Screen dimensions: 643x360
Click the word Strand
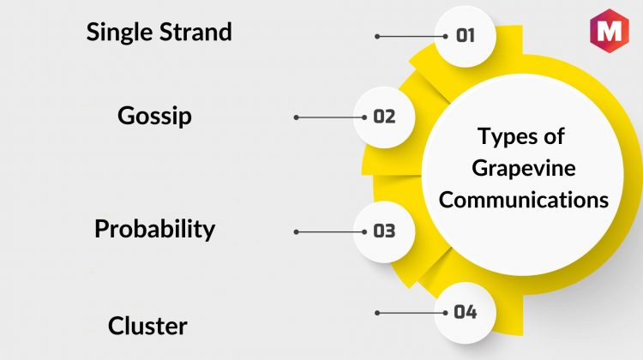(195, 32)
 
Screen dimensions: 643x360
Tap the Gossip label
(154, 117)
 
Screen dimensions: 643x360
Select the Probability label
(154, 229)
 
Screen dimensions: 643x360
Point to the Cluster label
(147, 326)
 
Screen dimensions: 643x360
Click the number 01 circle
(466, 37)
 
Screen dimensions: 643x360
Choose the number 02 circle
(384, 117)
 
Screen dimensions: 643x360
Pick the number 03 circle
(384, 231)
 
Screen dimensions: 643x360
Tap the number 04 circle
(466, 313)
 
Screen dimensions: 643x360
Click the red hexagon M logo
(609, 31)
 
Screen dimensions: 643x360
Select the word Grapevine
(524, 168)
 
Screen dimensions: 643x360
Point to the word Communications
(524, 200)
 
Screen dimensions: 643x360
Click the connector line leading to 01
(412, 37)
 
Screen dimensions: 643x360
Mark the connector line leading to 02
(330, 117)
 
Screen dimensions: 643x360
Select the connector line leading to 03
(330, 231)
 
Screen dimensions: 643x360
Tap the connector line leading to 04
(412, 313)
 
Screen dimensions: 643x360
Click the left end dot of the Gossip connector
(296, 117)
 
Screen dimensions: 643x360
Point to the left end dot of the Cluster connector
(377, 313)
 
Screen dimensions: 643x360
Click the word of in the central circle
(554, 135)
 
